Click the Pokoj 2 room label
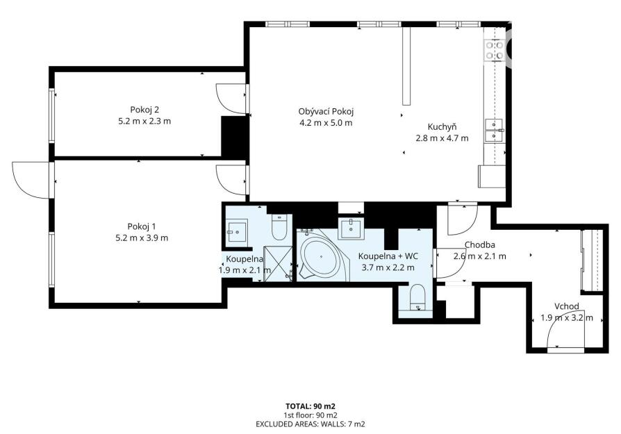pos(144,110)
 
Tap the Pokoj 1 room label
pos(142,226)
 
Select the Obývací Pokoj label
pos(326,111)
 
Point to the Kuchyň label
pos(442,126)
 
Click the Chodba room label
pos(479,244)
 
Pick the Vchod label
pos(567,306)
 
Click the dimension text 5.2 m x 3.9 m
pos(142,238)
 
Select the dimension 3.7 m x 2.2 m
pos(388,267)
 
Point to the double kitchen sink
pos(495,131)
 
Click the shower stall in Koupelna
pos(278,263)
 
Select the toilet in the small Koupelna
pos(279,227)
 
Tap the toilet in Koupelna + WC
pos(417,297)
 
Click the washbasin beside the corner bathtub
pos(351,228)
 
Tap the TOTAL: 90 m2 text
pos(310,406)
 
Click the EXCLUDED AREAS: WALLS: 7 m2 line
pos(310,424)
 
